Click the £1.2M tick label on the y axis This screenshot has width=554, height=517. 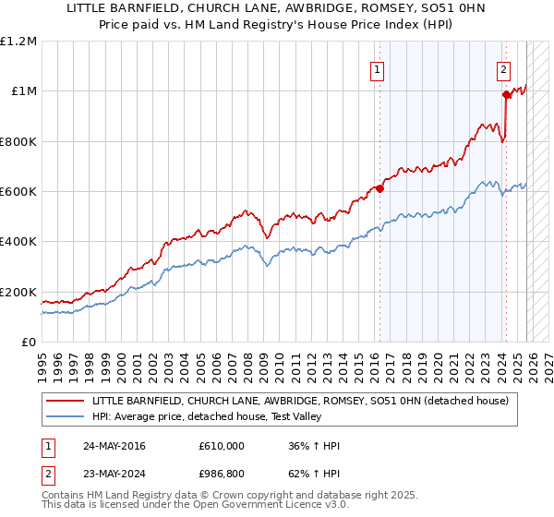pyautogui.click(x=18, y=41)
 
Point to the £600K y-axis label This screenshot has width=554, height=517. pyautogui.click(x=18, y=191)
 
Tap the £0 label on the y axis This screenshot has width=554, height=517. pyautogui.click(x=29, y=342)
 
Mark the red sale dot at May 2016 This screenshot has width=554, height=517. pyautogui.click(x=379, y=189)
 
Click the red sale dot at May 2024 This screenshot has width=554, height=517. pyautogui.click(x=505, y=94)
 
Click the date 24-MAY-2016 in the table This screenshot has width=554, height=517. pyautogui.click(x=114, y=446)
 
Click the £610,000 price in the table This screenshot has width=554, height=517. pyautogui.click(x=222, y=446)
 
